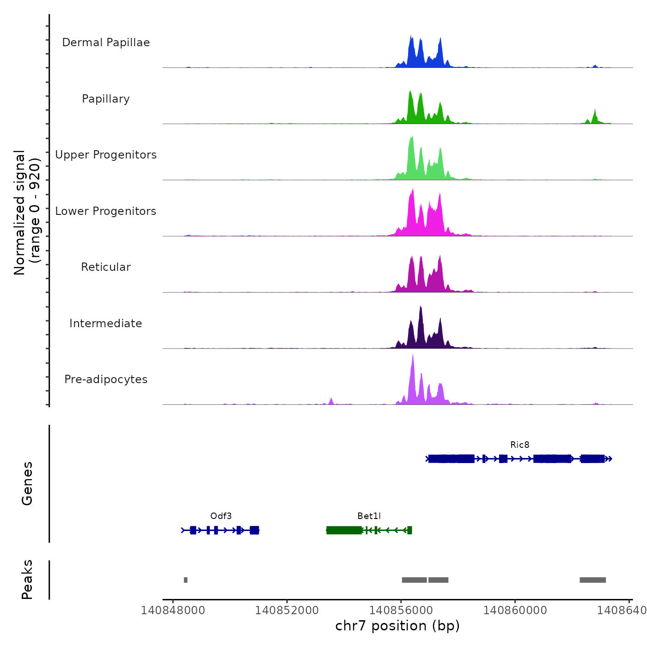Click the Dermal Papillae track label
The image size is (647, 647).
click(x=106, y=43)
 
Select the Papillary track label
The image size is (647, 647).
click(x=106, y=99)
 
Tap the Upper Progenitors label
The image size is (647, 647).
click(x=106, y=155)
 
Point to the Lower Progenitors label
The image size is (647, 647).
click(x=106, y=211)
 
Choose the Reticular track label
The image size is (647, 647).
click(x=106, y=267)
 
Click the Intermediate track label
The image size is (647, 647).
click(x=106, y=323)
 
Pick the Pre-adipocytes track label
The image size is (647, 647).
click(x=106, y=379)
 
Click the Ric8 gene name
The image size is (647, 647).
click(x=520, y=445)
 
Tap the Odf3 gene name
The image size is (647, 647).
click(x=221, y=516)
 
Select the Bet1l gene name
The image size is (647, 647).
click(x=369, y=516)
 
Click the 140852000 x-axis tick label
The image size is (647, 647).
click(x=287, y=610)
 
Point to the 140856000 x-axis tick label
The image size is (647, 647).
click(x=401, y=610)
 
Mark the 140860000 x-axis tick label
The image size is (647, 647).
click(x=515, y=610)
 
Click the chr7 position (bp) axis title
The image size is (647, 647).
click(x=397, y=626)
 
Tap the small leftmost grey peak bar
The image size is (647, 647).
click(x=186, y=580)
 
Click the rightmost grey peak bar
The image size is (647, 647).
click(x=593, y=580)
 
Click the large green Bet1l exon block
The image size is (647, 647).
click(x=344, y=530)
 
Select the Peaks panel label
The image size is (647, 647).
click(x=27, y=580)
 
